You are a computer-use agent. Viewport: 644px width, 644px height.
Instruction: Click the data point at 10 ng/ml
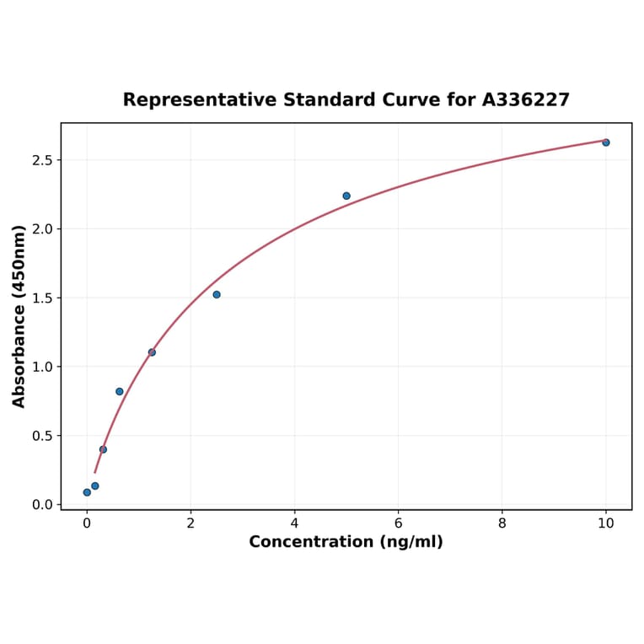point(605,142)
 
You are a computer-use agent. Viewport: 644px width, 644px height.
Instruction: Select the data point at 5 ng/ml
point(346,196)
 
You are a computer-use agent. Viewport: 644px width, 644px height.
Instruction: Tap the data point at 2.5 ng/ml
point(217,294)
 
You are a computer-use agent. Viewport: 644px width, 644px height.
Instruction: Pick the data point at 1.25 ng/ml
point(152,352)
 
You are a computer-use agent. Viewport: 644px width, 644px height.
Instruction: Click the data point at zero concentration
point(87,492)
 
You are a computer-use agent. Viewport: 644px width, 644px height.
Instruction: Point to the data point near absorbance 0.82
point(120,391)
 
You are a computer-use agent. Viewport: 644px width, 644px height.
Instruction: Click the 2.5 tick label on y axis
point(42,160)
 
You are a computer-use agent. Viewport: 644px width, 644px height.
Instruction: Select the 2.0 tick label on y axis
point(42,229)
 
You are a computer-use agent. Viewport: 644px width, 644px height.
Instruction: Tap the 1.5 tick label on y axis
point(42,298)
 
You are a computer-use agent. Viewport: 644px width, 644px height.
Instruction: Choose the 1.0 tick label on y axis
point(42,367)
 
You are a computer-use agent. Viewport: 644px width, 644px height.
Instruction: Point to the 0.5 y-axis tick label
point(42,436)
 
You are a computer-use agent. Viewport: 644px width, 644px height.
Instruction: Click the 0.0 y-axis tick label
point(42,505)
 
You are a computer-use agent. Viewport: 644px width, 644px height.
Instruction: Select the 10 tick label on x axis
point(605,523)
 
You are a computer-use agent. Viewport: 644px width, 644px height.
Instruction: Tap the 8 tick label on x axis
point(502,523)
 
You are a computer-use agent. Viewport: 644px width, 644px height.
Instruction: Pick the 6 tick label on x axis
point(398,523)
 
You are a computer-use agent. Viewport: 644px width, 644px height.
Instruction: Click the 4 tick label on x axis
point(294,523)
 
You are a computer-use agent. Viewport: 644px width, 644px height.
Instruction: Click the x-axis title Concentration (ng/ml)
point(346,542)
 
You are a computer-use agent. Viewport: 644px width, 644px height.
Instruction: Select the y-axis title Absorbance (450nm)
point(19,316)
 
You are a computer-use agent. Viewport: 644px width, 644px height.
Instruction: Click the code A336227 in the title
point(526,100)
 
